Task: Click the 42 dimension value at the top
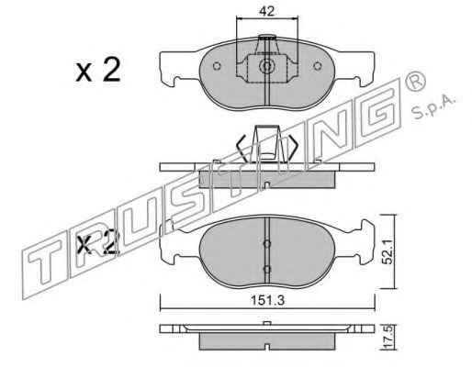click(266, 11)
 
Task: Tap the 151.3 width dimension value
click(268, 300)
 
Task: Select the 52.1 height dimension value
click(388, 252)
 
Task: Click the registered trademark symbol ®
click(415, 81)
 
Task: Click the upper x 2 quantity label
click(98, 70)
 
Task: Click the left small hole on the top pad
click(217, 66)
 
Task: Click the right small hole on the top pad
click(318, 66)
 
